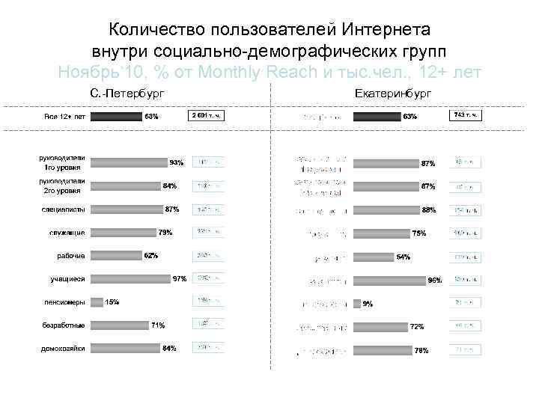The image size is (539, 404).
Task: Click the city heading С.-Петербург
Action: pos(127,93)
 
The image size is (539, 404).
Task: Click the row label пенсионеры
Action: pos(64,302)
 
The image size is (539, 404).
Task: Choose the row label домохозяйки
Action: pos(63,349)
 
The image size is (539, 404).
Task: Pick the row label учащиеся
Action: pos(67,279)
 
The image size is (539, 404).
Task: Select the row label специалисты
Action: pos(64,209)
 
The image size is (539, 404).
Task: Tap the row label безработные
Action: pos(64,325)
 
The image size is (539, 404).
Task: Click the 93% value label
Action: pos(177,162)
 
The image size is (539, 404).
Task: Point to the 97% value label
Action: pos(180,279)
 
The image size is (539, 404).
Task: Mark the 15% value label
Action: pos(112,302)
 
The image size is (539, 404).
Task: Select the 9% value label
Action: pos(368,304)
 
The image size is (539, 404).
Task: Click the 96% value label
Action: pos(434,281)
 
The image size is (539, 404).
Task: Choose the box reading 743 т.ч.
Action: pos(464,115)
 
